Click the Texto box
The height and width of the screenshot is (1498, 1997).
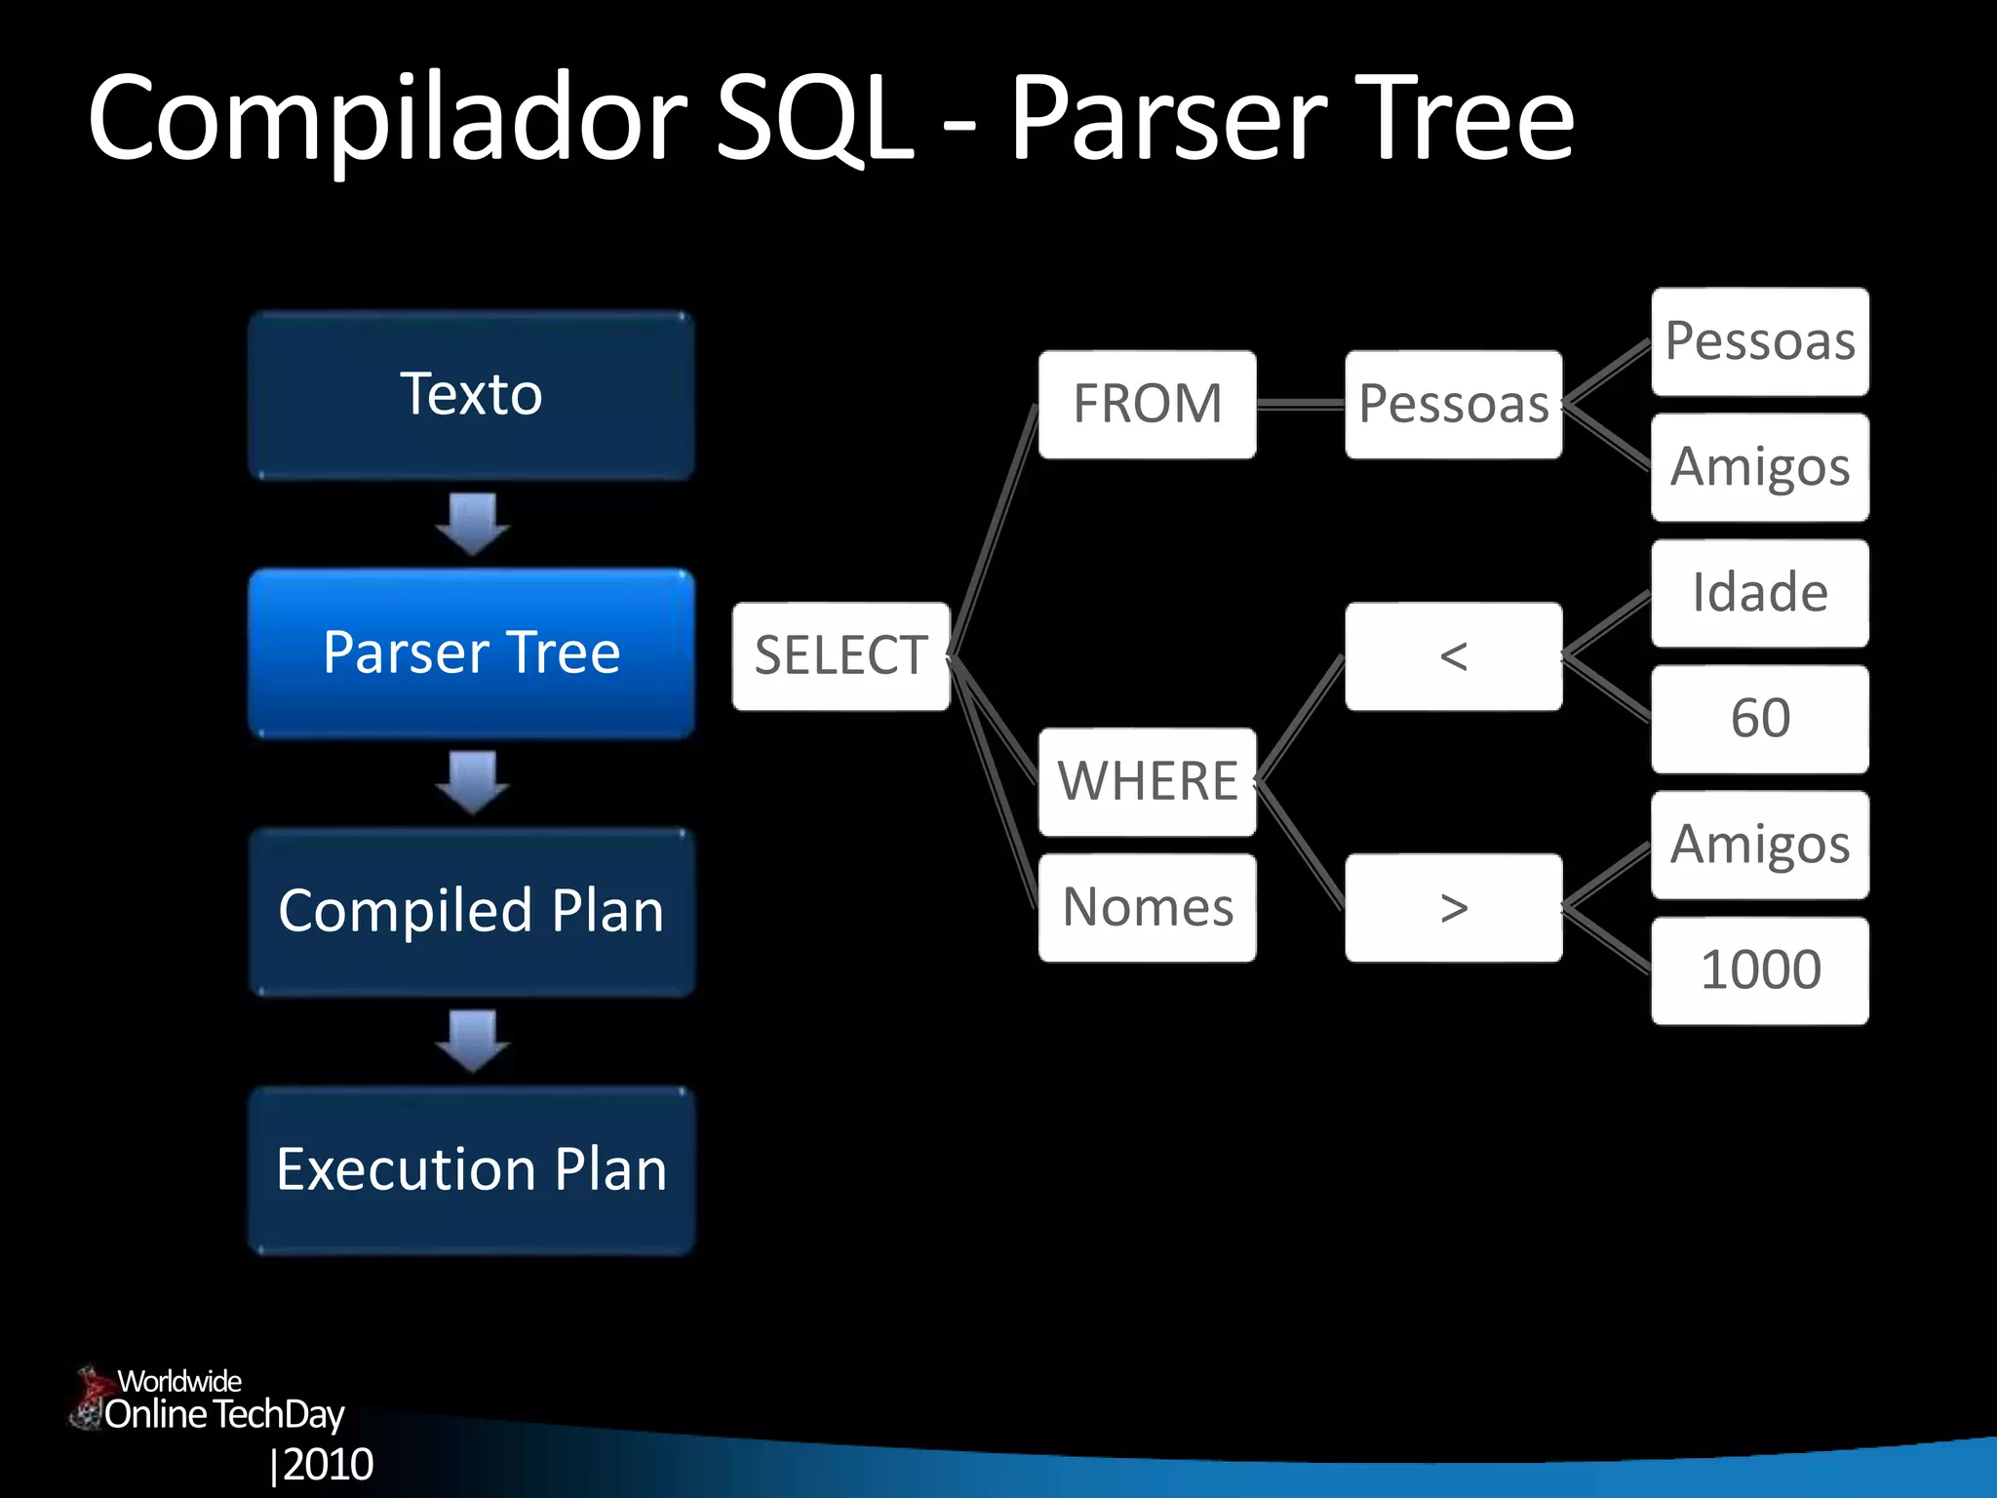[x=471, y=395]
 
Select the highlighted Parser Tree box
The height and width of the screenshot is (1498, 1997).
[x=471, y=652]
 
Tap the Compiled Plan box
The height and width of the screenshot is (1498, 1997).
[x=471, y=911]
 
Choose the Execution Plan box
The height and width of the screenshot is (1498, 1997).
[x=471, y=1169]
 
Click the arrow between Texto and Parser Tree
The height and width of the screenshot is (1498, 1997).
[x=473, y=524]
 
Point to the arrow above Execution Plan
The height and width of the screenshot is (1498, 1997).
[x=473, y=1041]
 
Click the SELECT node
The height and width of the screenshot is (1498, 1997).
[x=841, y=655]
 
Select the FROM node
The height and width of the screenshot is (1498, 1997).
[x=1147, y=404]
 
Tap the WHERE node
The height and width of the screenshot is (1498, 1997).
[x=1147, y=781]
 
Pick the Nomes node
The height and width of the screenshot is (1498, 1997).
[x=1147, y=907]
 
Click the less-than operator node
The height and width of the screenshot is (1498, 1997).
[x=1453, y=655]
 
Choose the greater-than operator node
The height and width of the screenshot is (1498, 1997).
[x=1453, y=907]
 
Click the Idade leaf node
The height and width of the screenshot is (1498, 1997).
[x=1759, y=593]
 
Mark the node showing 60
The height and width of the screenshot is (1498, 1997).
[x=1759, y=719]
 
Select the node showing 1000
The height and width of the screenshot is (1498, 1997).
[x=1759, y=969]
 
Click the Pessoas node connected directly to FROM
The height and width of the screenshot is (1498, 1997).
[x=1453, y=404]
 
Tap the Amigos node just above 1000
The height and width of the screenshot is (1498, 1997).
[x=1759, y=845]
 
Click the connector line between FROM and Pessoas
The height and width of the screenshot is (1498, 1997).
[x=1301, y=404]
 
